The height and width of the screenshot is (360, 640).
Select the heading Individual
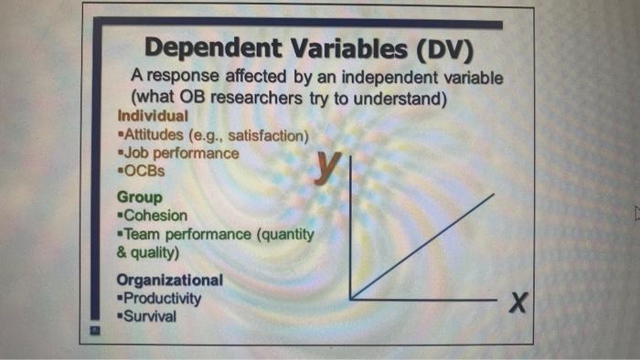point(153,117)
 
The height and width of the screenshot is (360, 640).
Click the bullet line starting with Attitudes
point(212,136)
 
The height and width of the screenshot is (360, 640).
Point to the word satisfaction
point(265,136)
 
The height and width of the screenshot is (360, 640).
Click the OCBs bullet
point(145,171)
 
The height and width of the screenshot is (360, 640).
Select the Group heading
point(139,197)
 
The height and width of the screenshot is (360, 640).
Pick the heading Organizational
point(169,280)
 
